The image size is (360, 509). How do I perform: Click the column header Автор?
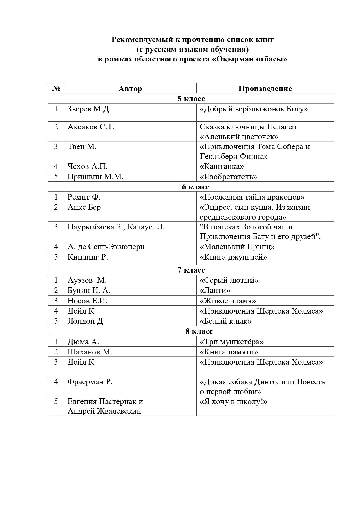point(130,88)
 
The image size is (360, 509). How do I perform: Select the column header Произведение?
point(265,88)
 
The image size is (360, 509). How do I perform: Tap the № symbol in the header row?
point(56,88)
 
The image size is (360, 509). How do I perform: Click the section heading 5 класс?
point(191,99)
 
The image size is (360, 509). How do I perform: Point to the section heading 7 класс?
point(191,270)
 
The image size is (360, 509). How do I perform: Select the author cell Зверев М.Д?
point(89,109)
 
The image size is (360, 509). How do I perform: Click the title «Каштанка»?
point(222,166)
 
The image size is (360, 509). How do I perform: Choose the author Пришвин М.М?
point(95,177)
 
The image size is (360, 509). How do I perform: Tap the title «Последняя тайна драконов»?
point(252,197)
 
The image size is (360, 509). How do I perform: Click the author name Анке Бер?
point(84,207)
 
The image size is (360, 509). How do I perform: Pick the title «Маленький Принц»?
point(237,247)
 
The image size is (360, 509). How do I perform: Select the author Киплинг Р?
point(88,257)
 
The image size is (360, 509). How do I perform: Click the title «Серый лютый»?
point(229,280)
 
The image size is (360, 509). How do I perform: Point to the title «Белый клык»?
point(225,321)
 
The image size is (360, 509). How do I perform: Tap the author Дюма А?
point(83,342)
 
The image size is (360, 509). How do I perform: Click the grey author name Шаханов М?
point(90,352)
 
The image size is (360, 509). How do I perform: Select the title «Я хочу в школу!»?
point(233,401)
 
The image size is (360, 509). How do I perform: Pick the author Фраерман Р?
point(90,382)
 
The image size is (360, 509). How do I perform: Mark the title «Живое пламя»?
point(228,301)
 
